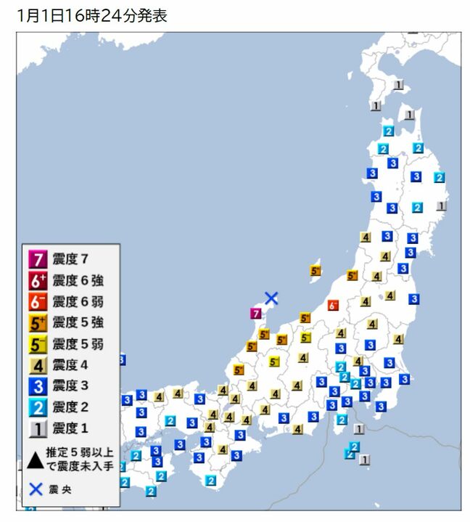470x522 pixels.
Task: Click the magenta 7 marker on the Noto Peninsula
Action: [x=255, y=314]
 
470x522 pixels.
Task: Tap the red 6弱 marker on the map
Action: [x=333, y=305]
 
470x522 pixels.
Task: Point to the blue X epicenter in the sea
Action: [x=271, y=298]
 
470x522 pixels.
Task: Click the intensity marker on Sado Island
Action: [x=315, y=271]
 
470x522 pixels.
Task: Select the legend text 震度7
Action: [x=71, y=258]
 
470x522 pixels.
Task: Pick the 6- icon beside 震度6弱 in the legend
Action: [x=38, y=301]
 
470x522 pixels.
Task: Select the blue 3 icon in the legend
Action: [x=38, y=386]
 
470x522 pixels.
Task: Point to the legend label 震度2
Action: [x=71, y=407]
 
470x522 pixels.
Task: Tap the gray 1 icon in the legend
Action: [x=38, y=428]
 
